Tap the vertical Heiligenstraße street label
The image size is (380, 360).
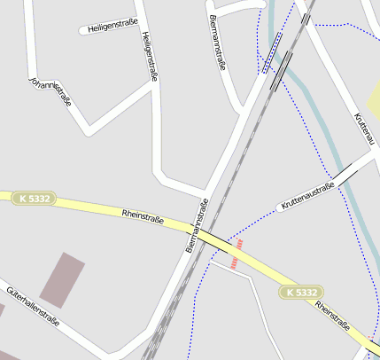click(x=149, y=57)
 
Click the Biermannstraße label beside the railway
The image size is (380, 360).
click(x=197, y=226)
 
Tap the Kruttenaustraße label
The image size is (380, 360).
click(x=306, y=197)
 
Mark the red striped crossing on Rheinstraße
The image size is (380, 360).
click(x=236, y=253)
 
